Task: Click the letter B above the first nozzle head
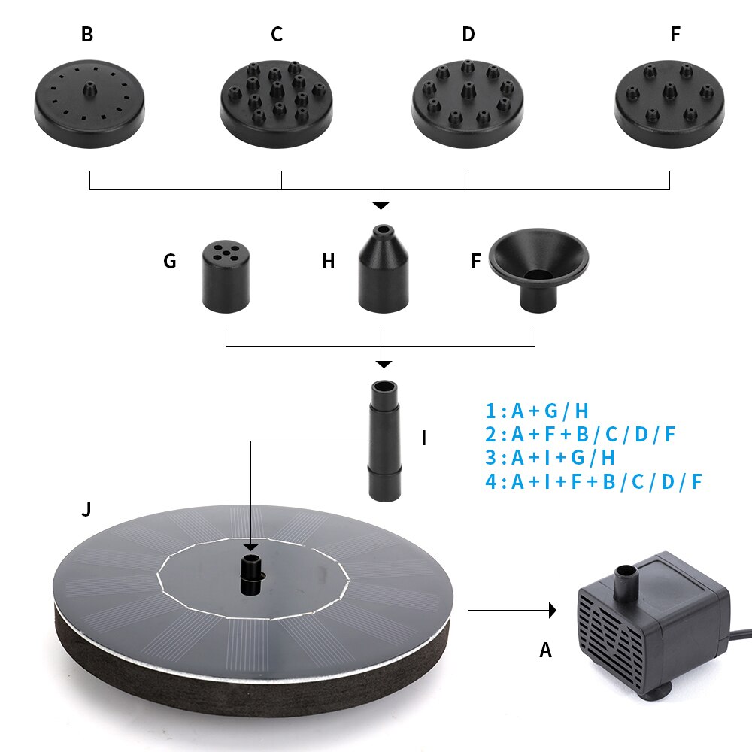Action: pyautogui.click(x=87, y=35)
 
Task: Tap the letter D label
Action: pyautogui.click(x=468, y=35)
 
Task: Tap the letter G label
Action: pyautogui.click(x=170, y=262)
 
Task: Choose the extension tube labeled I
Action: pyautogui.click(x=385, y=440)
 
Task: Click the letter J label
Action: pyautogui.click(x=86, y=510)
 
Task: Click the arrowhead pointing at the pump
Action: pyautogui.click(x=553, y=610)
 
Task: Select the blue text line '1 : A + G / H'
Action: pyautogui.click(x=537, y=411)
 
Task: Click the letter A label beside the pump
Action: pyautogui.click(x=546, y=650)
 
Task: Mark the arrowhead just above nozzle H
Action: pyautogui.click(x=382, y=205)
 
